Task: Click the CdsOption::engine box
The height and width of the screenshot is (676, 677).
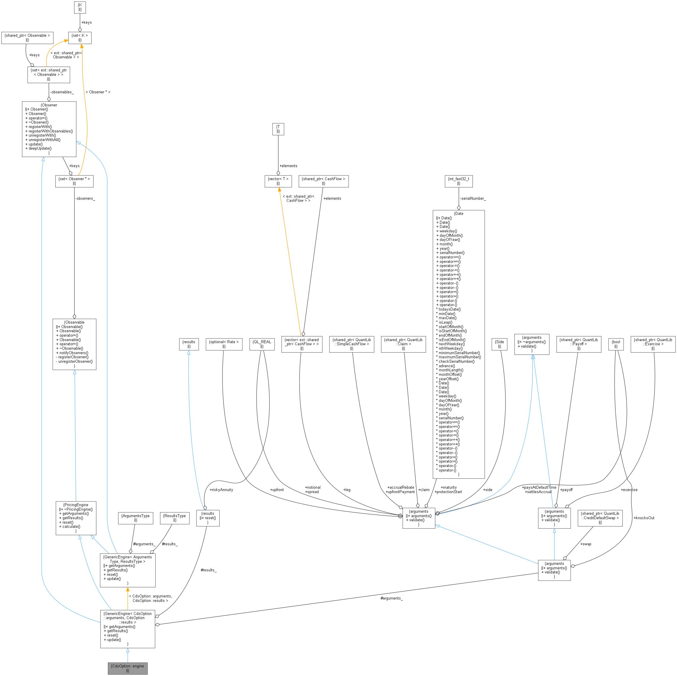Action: (128, 668)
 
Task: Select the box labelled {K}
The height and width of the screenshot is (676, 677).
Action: (80, 7)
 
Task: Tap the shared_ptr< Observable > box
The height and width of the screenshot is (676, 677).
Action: (27, 38)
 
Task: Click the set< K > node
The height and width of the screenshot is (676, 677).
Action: (80, 38)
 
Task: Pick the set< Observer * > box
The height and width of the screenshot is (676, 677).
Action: (74, 181)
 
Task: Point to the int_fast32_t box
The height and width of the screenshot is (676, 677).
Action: (458, 181)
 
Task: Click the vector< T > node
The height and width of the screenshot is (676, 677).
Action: (278, 181)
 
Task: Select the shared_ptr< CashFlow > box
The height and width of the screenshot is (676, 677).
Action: (324, 181)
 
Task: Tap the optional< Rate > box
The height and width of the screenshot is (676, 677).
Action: (224, 344)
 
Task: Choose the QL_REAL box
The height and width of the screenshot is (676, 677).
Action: (262, 344)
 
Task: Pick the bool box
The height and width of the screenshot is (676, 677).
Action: (616, 344)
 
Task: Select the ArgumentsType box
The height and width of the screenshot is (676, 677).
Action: (136, 518)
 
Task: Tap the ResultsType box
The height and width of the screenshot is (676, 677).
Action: (175, 518)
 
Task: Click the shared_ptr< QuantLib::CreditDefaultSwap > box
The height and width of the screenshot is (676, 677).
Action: (600, 518)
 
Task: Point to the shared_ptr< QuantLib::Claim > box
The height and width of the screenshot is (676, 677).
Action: (403, 344)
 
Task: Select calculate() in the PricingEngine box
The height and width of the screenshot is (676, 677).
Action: (71, 526)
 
